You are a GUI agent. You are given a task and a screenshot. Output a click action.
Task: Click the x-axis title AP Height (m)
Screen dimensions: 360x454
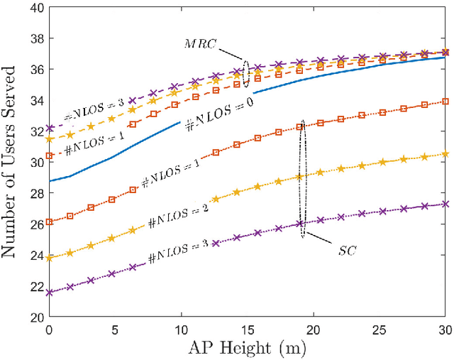coord(247,349)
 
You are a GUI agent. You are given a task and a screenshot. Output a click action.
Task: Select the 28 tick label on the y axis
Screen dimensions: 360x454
coord(34,192)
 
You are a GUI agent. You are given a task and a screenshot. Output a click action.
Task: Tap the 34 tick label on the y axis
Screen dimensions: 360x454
coord(34,100)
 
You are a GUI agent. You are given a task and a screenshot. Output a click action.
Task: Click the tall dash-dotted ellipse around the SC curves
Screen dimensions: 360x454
coord(301,178)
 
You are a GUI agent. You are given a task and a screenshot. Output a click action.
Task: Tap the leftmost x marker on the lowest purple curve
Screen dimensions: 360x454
coord(49,293)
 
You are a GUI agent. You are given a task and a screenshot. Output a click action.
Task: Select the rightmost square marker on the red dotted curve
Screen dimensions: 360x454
coord(445,102)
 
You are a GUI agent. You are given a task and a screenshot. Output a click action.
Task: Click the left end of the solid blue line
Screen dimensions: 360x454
coord(49,181)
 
